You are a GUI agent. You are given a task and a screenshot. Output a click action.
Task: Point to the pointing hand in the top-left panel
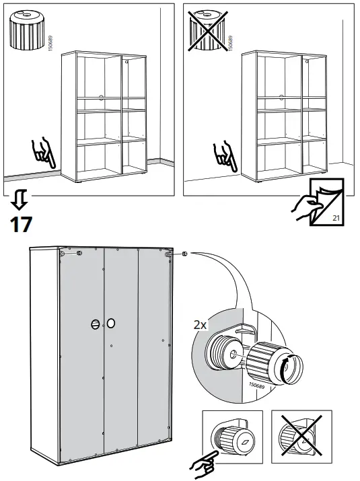tap(44, 153)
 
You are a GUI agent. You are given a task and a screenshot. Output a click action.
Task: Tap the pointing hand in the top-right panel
tap(223, 155)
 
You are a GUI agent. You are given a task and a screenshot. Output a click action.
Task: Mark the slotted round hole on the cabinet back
tap(94, 324)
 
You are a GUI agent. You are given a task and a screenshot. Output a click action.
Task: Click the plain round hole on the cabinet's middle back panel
tap(111, 324)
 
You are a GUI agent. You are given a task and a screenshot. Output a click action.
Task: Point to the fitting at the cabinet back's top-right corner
tap(166, 254)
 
